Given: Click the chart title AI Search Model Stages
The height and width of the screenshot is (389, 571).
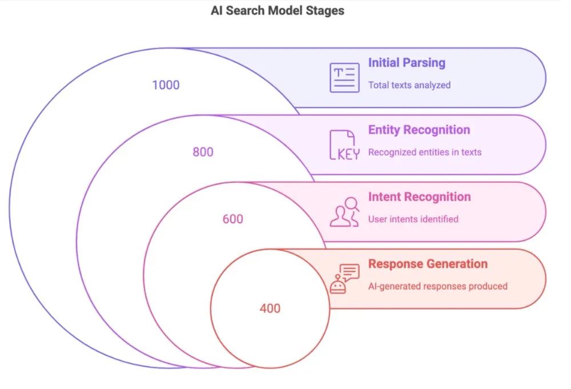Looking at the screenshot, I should [x=278, y=10].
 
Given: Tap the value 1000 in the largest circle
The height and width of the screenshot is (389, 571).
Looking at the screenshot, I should [x=166, y=85].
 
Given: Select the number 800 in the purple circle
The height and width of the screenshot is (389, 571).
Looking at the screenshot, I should [x=203, y=152].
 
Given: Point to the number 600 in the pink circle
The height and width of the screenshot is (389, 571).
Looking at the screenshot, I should [x=233, y=219].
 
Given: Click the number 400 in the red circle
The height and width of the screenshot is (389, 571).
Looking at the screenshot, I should [x=270, y=308].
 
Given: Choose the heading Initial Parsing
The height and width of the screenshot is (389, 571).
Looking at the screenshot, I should [x=407, y=63].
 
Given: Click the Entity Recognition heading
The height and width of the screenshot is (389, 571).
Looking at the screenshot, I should [x=419, y=130].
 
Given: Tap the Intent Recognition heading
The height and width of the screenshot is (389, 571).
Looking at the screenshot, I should [x=419, y=197].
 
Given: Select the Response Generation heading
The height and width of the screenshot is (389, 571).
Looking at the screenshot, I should [x=428, y=264].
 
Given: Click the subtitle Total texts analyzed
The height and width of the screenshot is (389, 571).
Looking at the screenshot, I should [x=409, y=85].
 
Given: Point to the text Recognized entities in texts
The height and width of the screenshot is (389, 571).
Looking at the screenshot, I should [x=425, y=153].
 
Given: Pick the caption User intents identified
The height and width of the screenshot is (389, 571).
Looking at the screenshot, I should [x=413, y=219].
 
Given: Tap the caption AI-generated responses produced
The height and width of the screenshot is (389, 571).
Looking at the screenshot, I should [x=437, y=286].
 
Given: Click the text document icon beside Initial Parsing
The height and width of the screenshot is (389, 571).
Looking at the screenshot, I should [x=345, y=78].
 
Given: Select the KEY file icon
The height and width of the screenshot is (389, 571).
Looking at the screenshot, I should [x=344, y=145].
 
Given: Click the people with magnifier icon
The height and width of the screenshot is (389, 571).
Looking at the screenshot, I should [x=344, y=212].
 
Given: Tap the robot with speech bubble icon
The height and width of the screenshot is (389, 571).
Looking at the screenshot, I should [x=344, y=279].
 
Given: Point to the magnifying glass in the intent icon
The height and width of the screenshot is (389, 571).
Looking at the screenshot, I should [x=352, y=204].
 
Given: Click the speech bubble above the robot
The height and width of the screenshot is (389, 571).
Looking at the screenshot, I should [x=350, y=270].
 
